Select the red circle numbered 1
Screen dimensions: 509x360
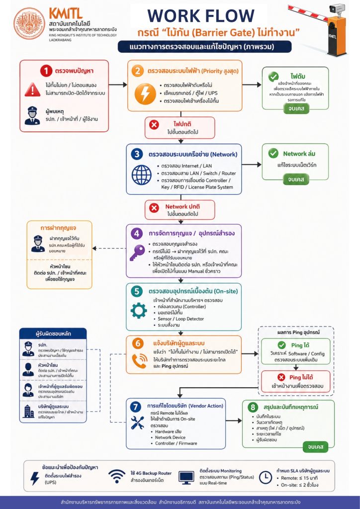[46, 71]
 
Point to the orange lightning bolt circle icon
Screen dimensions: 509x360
[143, 93]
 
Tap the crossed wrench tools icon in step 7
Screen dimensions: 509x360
[138, 423]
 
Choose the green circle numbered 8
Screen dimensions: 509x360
[252, 407]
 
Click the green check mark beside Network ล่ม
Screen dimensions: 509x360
[273, 154]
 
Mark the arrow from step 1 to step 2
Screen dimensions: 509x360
[118, 85]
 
